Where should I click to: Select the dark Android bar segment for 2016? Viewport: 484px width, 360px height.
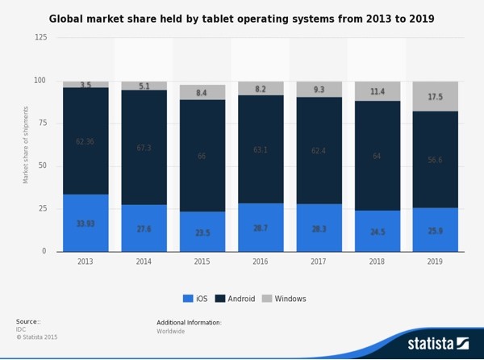tap(261, 149)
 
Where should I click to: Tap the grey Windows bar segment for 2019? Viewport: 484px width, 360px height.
tap(436, 96)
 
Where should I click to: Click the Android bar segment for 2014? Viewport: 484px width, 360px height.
tap(144, 147)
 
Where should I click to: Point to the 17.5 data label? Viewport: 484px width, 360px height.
tap(436, 97)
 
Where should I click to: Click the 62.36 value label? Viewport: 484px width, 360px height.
tap(86, 142)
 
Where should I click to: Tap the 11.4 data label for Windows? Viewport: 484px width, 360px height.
tap(378, 92)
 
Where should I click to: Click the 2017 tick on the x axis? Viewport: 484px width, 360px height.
tap(319, 262)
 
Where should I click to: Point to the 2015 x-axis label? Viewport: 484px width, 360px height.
tap(202, 262)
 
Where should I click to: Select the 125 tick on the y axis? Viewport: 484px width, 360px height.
tap(40, 37)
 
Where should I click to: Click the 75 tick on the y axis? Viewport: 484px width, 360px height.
tap(42, 123)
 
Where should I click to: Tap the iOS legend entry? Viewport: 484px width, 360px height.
tap(195, 299)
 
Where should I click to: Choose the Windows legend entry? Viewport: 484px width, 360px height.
tap(284, 299)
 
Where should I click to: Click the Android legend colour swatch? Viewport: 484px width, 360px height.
tap(220, 299)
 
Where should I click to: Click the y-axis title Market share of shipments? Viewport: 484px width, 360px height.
tap(26, 144)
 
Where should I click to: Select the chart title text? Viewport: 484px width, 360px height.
tap(241, 19)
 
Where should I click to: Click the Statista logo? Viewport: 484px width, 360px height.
tap(437, 343)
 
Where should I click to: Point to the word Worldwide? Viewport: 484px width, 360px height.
tap(171, 331)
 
